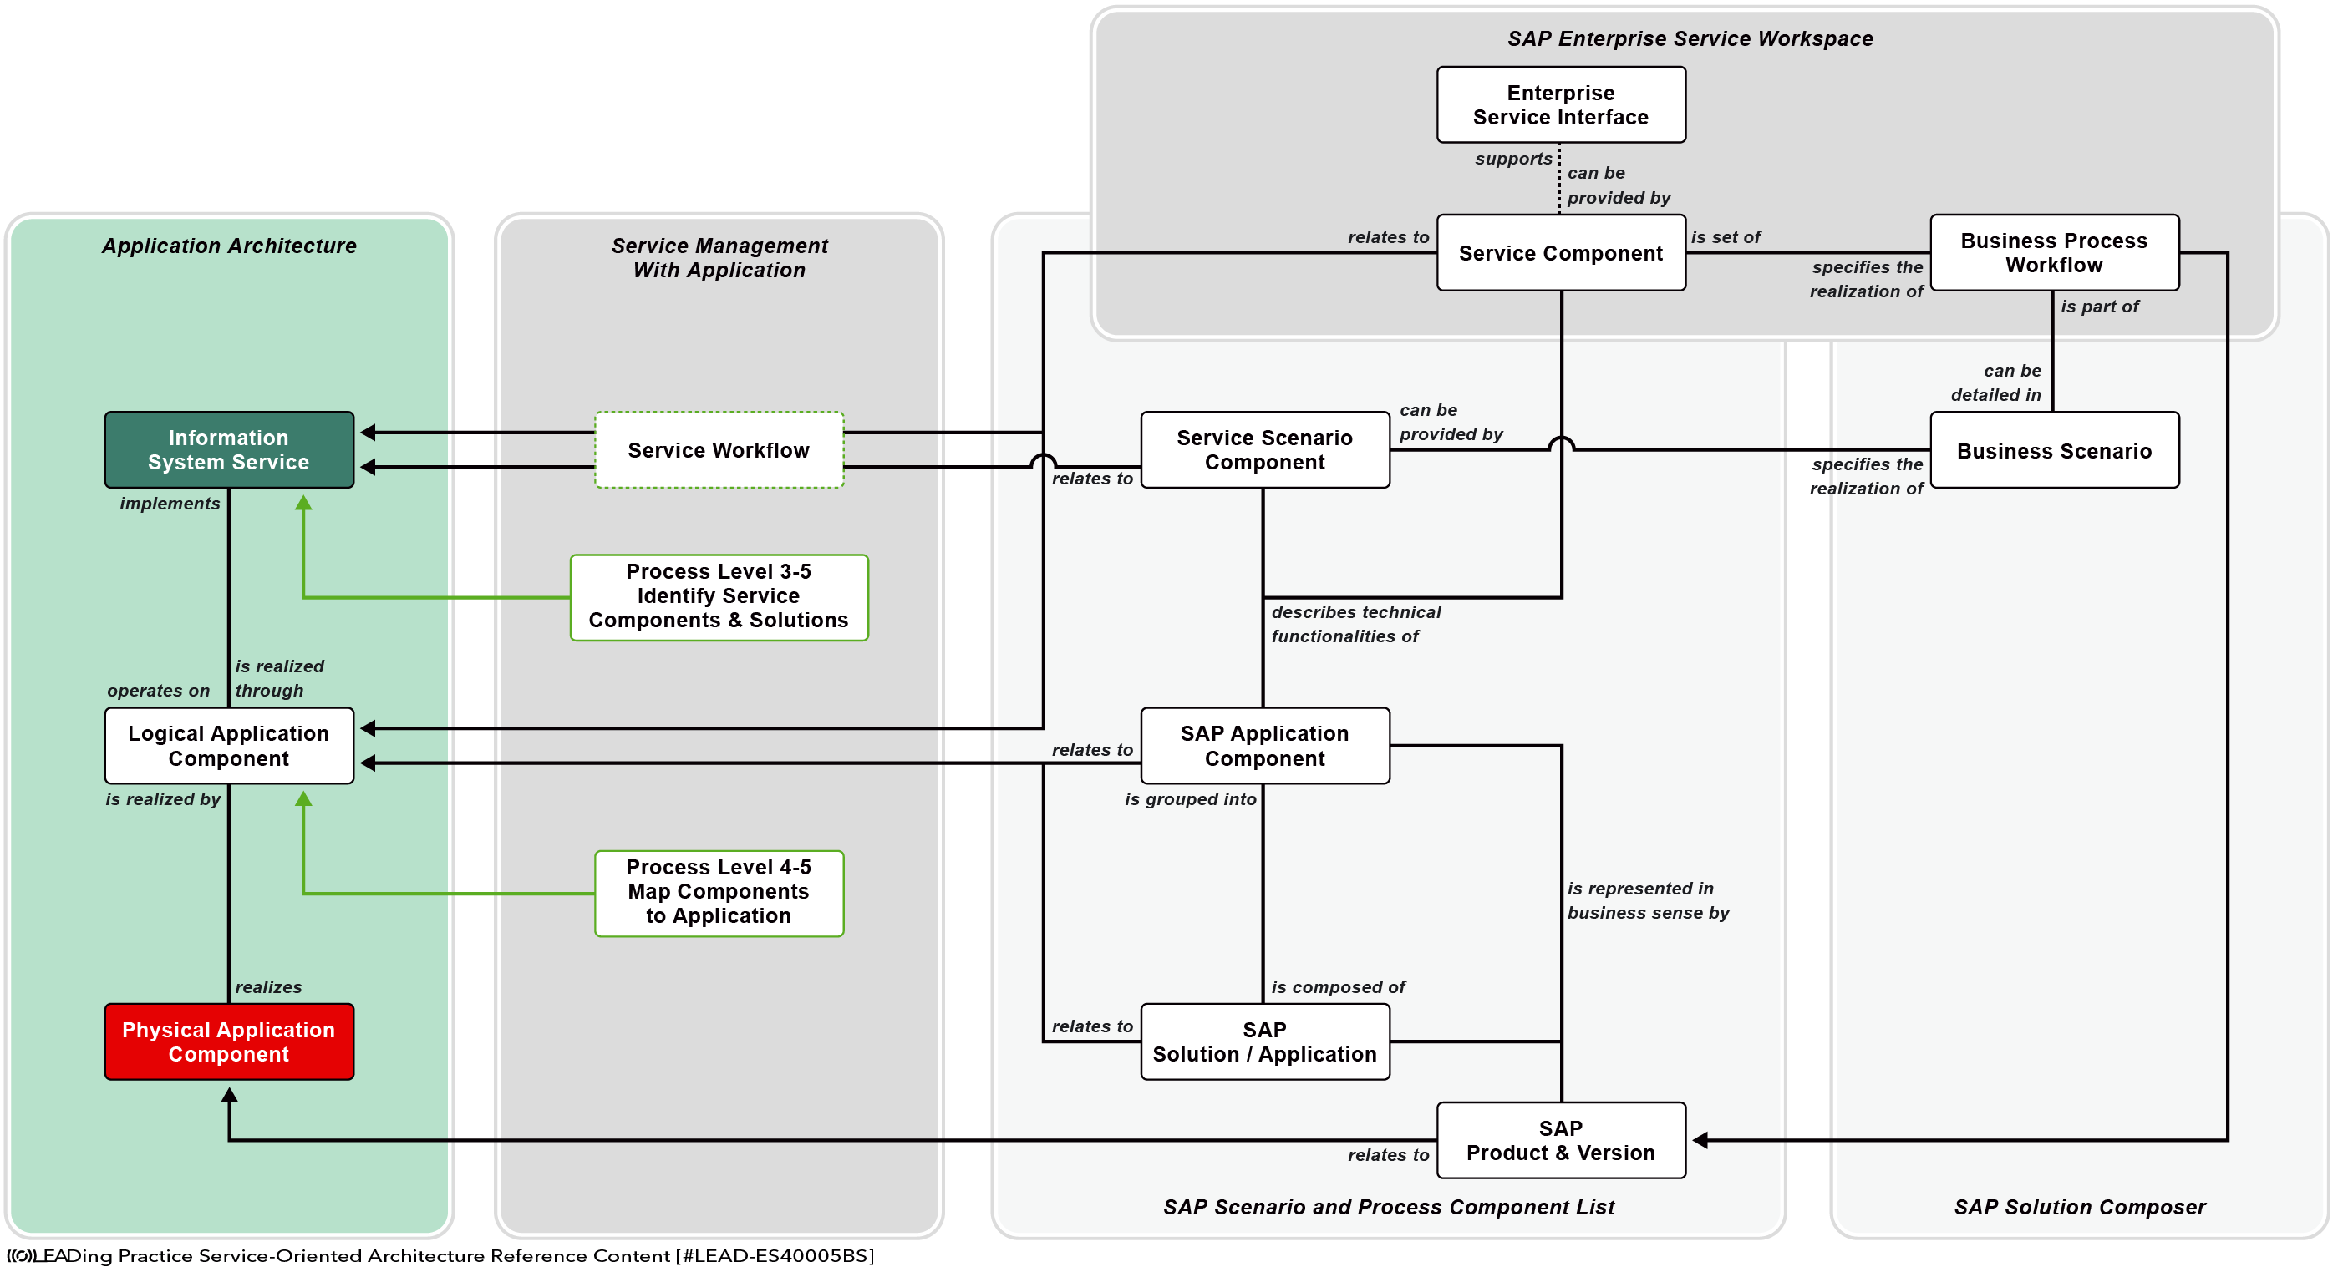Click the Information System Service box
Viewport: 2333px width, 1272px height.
pos(229,450)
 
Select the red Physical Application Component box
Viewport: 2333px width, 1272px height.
pos(229,1041)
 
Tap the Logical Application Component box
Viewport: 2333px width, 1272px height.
pos(229,745)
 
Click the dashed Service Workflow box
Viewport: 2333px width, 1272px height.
pos(719,450)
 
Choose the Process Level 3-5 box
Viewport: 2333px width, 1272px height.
pos(719,597)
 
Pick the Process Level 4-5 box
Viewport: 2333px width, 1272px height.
pos(719,893)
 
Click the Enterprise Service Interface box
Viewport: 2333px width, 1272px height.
pos(1562,105)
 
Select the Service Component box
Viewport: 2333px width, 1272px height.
pos(1562,252)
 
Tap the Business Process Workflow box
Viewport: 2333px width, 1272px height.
pos(2055,252)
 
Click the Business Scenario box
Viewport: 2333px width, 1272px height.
pos(2055,450)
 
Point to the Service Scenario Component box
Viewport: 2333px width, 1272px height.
pos(1265,450)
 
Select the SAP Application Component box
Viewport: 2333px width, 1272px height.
pos(1265,745)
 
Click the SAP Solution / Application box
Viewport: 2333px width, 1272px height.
pos(1265,1041)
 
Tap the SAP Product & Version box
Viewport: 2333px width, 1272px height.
pos(1562,1140)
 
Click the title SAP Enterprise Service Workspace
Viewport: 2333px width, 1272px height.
pos(1690,39)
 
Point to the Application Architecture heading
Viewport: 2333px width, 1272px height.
pos(229,246)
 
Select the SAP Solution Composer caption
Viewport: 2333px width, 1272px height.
pos(2081,1207)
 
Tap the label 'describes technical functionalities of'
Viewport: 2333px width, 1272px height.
pos(1356,624)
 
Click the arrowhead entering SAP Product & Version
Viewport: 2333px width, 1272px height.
pos(1700,1140)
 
